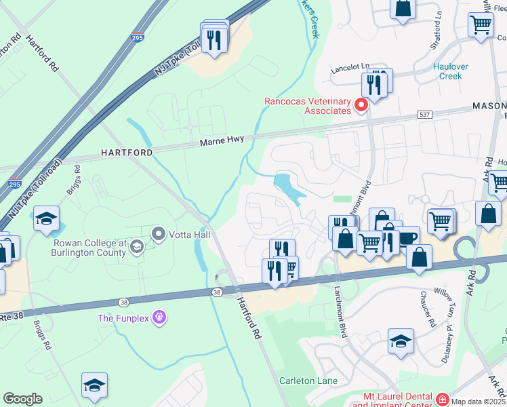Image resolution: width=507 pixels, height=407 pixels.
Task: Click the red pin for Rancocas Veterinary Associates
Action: click(361, 104)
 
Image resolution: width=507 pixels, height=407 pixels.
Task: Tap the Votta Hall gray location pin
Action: click(159, 235)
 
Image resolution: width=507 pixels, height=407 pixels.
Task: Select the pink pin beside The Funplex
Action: click(159, 317)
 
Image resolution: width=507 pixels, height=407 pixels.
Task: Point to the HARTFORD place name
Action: click(127, 153)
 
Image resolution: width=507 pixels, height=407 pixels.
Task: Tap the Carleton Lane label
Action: click(308, 381)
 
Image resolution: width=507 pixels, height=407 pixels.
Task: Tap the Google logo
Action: click(22, 399)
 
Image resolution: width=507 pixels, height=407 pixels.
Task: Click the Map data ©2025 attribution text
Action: click(479, 401)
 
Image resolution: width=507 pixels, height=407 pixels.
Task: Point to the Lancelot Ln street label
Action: click(350, 68)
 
